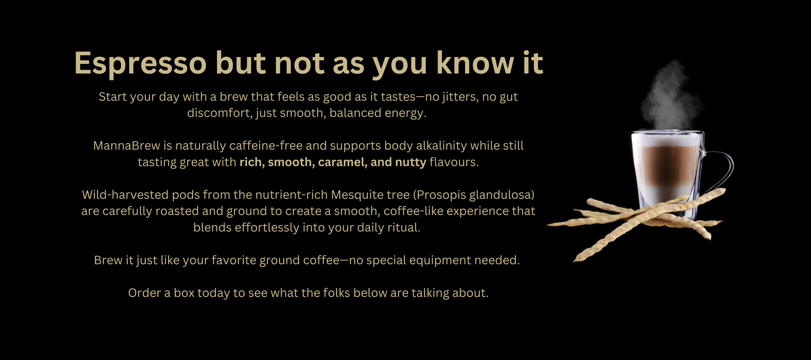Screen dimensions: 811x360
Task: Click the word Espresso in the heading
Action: click(140, 64)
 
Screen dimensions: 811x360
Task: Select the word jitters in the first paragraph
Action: click(461, 97)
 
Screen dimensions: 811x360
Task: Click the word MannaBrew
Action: click(127, 146)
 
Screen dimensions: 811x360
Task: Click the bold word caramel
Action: click(343, 162)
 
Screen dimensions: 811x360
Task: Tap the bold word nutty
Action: click(410, 162)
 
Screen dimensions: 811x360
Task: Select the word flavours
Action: click(454, 162)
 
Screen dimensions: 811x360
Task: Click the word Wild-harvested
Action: click(125, 195)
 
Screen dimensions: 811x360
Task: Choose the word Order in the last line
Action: click(145, 293)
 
